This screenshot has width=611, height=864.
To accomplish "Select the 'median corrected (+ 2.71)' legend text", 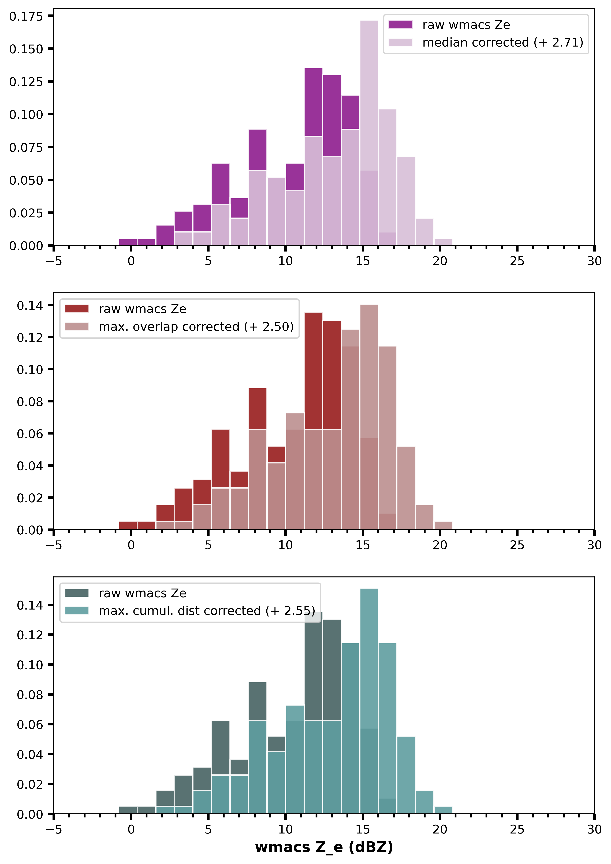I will click(x=502, y=43).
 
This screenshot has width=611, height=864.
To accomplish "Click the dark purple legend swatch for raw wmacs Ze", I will click(x=400, y=25).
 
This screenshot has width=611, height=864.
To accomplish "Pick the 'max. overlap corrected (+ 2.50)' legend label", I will click(x=196, y=327).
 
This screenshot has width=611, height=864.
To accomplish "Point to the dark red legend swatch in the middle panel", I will click(x=77, y=309).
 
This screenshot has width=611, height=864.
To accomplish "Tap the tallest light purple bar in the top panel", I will click(x=369, y=132).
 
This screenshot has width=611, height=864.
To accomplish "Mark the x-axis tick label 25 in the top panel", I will click(x=517, y=261).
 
